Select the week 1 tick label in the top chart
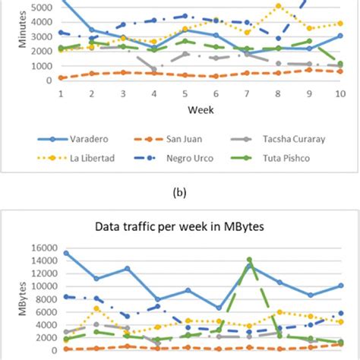click(61, 93)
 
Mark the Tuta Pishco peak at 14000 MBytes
click(249, 260)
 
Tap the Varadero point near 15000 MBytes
click(66, 253)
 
